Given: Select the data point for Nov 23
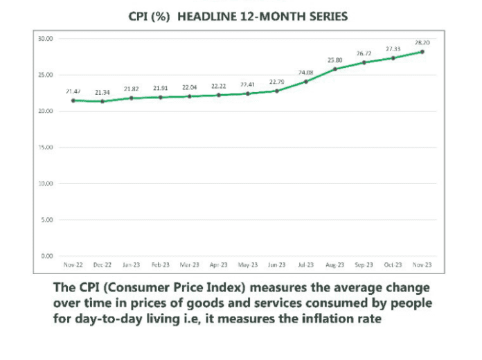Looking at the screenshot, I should click(422, 52).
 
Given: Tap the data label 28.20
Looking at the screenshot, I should click(422, 42).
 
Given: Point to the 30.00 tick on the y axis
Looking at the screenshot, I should click(46, 39).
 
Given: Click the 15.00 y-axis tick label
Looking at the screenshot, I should click(46, 147).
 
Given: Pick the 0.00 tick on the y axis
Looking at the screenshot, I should click(47, 256).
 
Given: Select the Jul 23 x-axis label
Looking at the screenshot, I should click(305, 265).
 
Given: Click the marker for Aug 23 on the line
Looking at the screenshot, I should click(334, 69).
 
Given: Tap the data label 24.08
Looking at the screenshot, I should click(305, 72).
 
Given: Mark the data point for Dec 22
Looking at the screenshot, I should click(102, 102).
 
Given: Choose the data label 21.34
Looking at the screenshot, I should click(102, 92).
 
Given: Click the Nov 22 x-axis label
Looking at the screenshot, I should click(73, 265).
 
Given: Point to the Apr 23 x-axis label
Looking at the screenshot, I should click(218, 265).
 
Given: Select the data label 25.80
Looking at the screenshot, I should click(334, 60).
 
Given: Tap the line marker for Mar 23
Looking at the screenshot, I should click(189, 96).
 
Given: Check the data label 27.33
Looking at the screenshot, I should click(393, 48).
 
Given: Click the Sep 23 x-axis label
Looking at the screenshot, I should click(364, 265).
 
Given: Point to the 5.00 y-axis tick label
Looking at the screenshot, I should click(47, 220).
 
